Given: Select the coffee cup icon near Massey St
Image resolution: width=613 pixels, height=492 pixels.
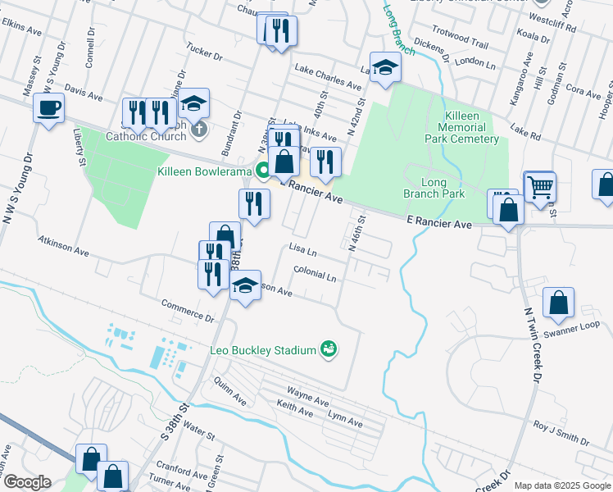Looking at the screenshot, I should click(x=49, y=107).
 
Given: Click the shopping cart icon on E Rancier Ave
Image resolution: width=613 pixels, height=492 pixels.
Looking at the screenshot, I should click(x=540, y=187).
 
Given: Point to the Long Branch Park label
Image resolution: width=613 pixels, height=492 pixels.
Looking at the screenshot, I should click(x=434, y=188).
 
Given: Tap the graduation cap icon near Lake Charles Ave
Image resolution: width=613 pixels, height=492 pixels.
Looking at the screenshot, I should click(x=384, y=68).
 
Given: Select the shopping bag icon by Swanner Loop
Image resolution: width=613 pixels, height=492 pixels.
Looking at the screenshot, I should click(x=559, y=302).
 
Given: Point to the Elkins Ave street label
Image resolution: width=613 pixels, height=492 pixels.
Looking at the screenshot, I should click(x=20, y=30).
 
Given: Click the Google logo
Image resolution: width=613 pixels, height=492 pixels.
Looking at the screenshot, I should click(x=26, y=481).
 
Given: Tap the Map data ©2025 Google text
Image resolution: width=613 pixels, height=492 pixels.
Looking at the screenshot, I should click(x=561, y=485).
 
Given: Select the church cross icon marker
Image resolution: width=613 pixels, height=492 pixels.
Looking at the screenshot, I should click(x=198, y=130).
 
